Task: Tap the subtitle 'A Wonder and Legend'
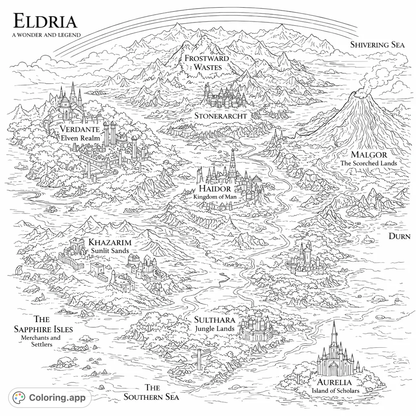coord(46,35)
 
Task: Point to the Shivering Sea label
coord(377,45)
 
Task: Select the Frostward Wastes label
coord(207,63)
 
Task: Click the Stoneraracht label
coord(221,116)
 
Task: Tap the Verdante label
coord(80,130)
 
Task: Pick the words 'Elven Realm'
coord(80,138)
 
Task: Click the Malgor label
coord(369,155)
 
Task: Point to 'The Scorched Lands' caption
coord(368,163)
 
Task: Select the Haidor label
coord(215,189)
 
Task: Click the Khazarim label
coord(110,243)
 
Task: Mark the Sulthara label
coord(214,320)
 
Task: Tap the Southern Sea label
coord(152,392)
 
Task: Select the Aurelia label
coord(334,382)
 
